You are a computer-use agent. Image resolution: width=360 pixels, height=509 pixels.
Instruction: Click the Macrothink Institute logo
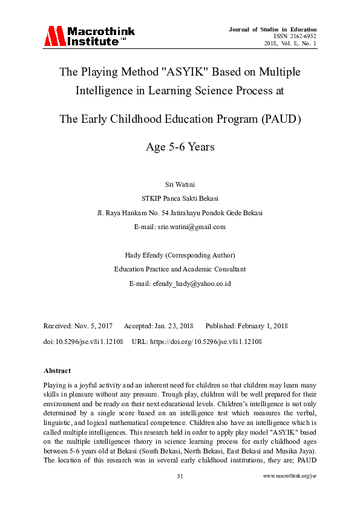[x=88, y=36]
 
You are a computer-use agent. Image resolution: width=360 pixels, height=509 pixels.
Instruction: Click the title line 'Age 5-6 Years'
[x=180, y=147]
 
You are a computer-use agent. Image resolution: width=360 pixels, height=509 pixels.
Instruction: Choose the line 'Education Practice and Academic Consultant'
[x=180, y=269]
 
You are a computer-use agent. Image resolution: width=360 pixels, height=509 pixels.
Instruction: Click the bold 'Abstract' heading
[x=57, y=371]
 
